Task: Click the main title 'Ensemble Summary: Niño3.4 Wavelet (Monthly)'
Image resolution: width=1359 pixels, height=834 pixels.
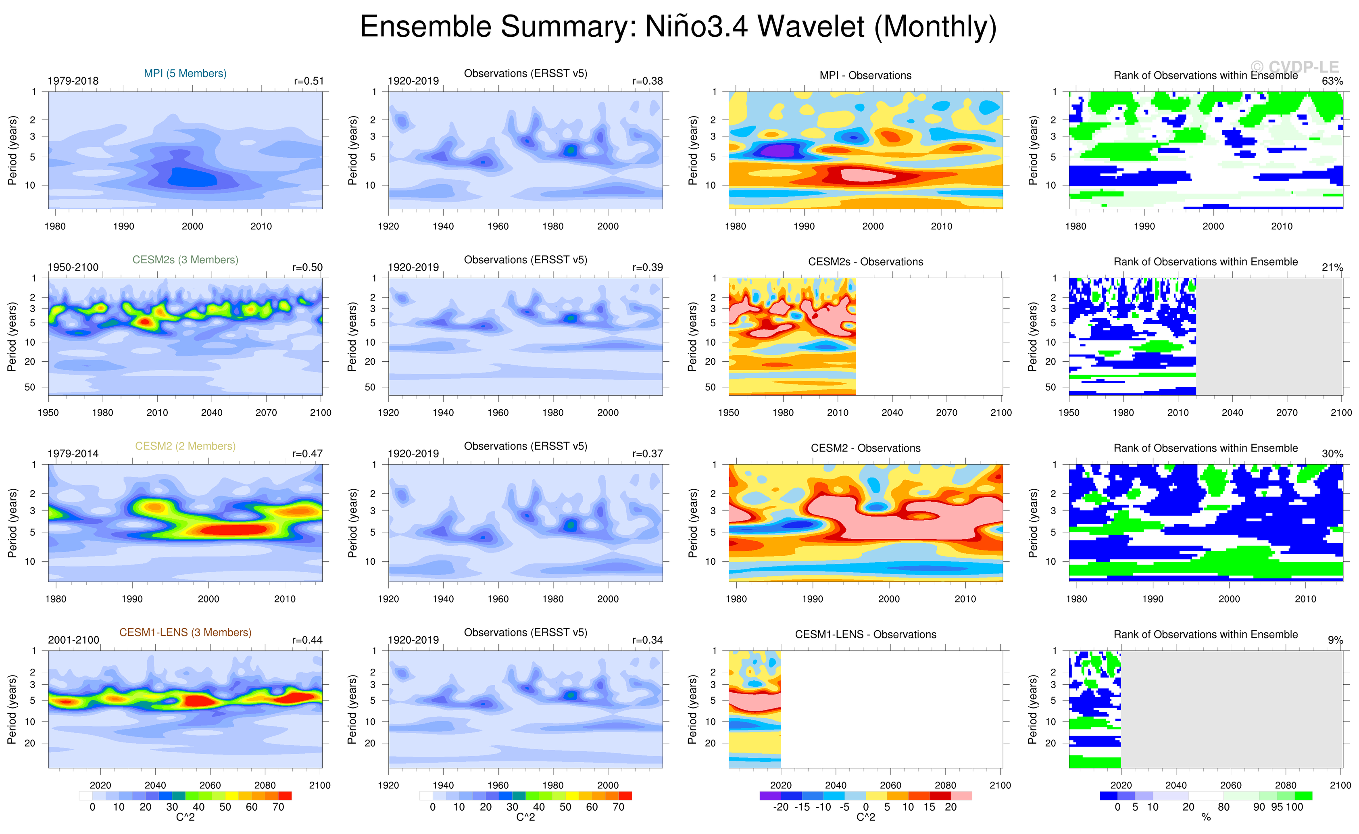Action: click(678, 27)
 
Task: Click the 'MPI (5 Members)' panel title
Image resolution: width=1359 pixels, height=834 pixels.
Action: click(186, 73)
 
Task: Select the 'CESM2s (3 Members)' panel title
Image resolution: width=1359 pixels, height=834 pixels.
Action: click(186, 260)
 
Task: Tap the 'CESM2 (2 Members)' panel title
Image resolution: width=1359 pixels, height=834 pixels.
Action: click(186, 446)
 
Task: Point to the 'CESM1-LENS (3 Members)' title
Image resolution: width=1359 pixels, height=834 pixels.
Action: click(186, 633)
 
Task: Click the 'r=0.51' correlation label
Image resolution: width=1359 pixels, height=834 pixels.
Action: click(309, 81)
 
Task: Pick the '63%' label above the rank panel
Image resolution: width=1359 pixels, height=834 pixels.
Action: click(1332, 81)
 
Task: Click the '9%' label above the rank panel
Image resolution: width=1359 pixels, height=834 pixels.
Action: click(1335, 640)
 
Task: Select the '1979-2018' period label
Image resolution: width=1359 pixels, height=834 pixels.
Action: click(73, 81)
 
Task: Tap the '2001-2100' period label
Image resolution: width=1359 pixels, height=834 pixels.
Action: click(73, 640)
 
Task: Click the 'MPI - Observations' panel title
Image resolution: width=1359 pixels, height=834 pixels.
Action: click(865, 75)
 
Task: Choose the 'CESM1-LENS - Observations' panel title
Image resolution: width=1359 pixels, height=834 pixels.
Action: click(865, 635)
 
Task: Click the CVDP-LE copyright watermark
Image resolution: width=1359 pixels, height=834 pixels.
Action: click(1294, 67)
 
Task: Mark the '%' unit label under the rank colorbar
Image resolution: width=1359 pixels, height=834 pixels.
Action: click(1206, 817)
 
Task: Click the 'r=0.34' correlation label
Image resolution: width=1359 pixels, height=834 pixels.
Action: click(648, 640)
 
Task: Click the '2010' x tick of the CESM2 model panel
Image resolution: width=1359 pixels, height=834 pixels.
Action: click(285, 599)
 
